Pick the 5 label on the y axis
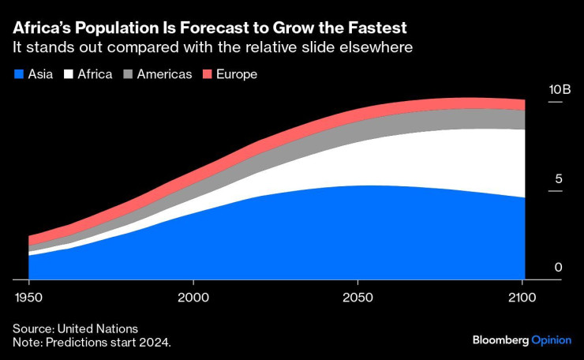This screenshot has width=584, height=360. tap(558, 179)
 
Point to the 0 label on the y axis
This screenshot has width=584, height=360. tap(558, 268)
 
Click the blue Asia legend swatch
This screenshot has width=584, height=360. tap(18, 74)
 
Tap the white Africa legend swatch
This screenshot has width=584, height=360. tap(69, 74)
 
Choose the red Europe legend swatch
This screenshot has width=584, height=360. tap(209, 74)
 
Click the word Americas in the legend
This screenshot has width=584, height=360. tap(164, 74)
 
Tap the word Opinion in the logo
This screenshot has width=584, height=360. tap(550, 339)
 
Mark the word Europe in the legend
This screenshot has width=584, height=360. tap(238, 74)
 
